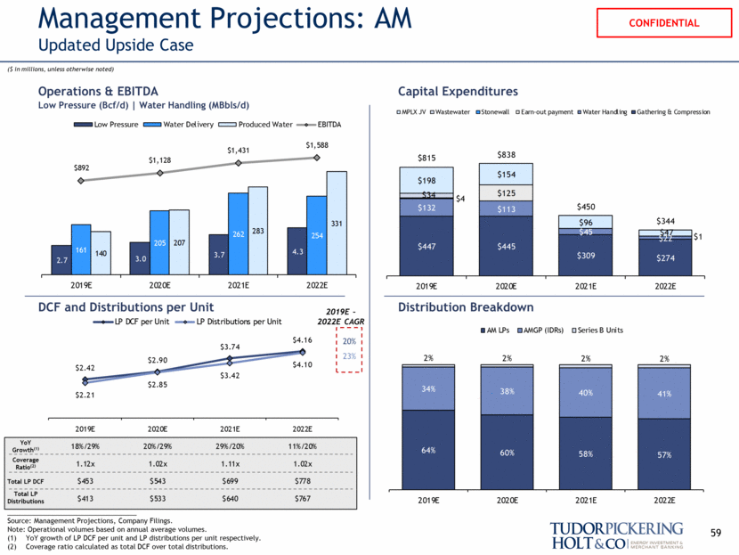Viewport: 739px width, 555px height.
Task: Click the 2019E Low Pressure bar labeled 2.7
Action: pos(61,258)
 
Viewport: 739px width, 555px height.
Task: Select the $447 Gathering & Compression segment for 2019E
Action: pos(426,246)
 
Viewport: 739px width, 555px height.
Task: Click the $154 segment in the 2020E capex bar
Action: pos(508,175)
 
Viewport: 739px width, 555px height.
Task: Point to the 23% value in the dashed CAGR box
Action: pos(348,357)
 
